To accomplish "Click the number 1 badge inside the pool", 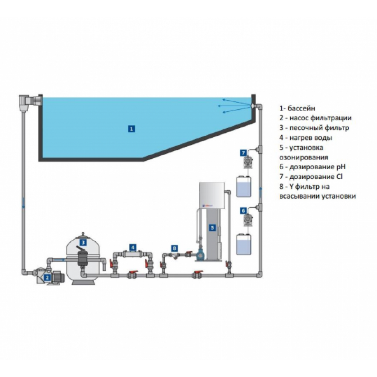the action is coord(131,129).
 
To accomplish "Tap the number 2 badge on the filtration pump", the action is coord(46,278).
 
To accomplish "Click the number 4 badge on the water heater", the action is coord(133,248).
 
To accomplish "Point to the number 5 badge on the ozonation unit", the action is coord(212,227).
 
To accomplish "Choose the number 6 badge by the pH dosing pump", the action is coord(243,210).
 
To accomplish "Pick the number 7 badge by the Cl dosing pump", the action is coord(243,153).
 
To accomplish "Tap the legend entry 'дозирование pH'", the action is coord(319,167).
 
